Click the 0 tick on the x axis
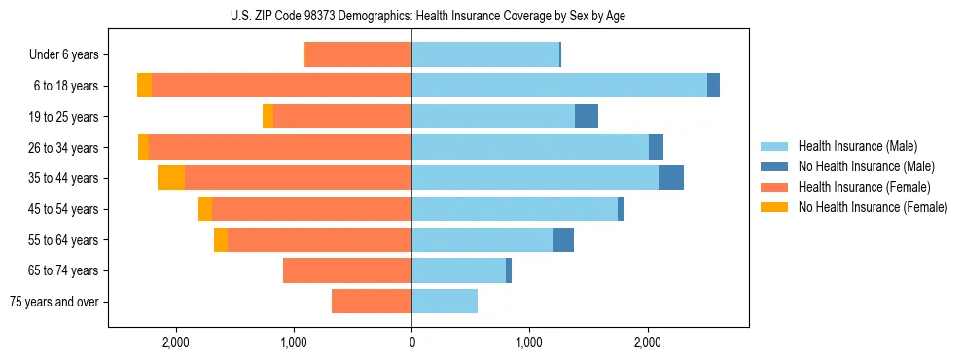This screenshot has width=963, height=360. coord(411,342)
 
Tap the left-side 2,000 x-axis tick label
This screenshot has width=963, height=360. coord(176,342)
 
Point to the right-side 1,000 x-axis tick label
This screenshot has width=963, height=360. coord(529,342)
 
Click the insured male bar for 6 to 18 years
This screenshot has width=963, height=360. coord(559,86)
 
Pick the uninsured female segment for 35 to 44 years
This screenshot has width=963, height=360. coord(171,178)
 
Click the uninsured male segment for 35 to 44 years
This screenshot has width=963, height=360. coord(671,178)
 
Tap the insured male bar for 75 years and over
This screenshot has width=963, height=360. coord(445,302)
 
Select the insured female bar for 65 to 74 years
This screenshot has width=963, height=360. coord(347,270)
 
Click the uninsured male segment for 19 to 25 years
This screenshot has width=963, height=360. coord(587,117)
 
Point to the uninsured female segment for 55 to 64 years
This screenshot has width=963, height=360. coord(221,239)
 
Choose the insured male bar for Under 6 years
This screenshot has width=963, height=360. coord(485,55)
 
